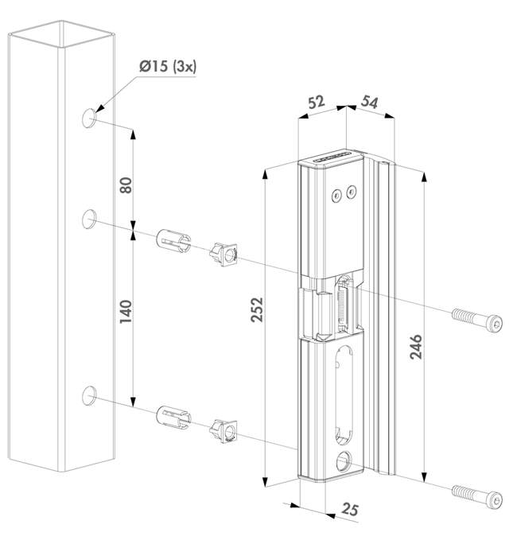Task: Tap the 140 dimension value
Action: pos(124,305)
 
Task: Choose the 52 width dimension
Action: pos(315,103)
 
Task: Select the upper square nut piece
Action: pos(224,255)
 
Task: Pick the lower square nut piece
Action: pos(224,432)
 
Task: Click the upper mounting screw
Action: pos(477,319)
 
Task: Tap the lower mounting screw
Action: pos(477,496)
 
